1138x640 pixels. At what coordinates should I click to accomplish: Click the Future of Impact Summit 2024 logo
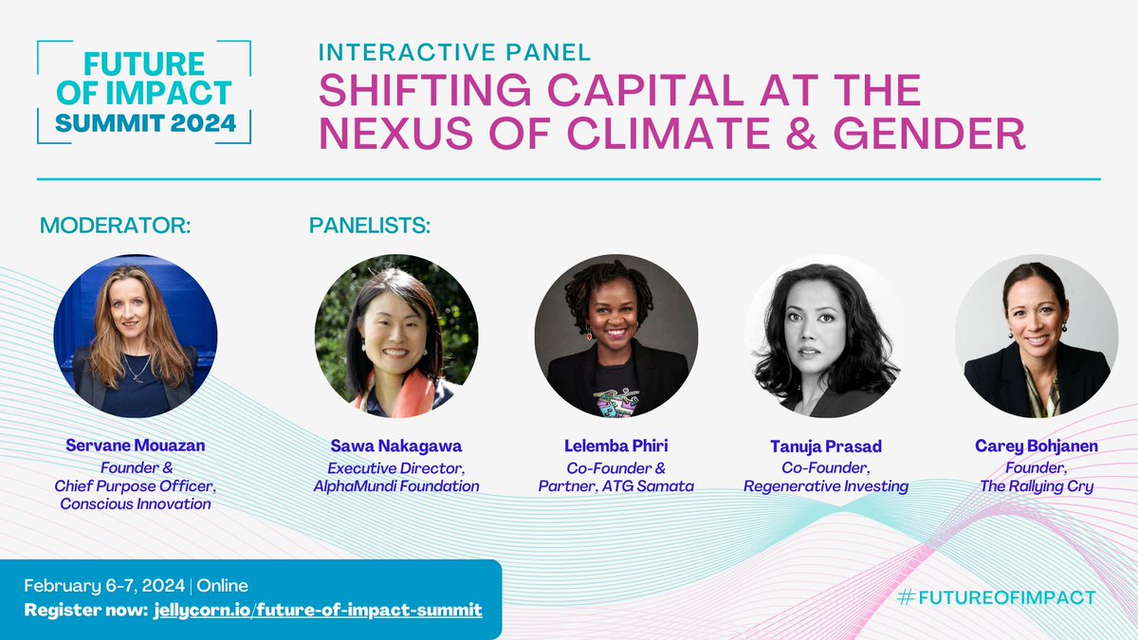click(x=143, y=92)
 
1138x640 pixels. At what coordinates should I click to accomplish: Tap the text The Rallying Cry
click(x=1037, y=486)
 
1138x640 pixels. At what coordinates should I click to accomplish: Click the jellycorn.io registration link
click(x=317, y=609)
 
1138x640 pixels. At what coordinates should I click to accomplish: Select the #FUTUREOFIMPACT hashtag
click(x=996, y=597)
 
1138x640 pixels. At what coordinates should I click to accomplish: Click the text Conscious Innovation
click(x=136, y=503)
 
